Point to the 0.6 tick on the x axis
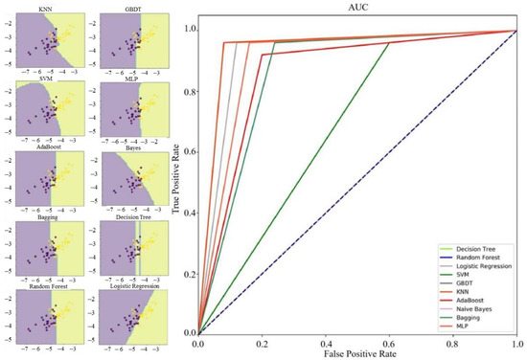[x=453, y=343]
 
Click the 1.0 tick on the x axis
[x=517, y=343]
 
